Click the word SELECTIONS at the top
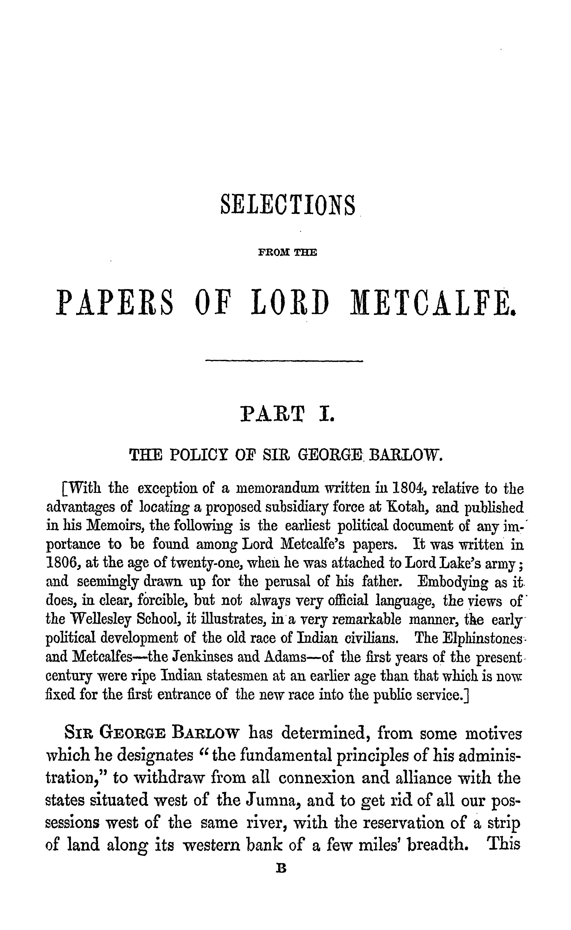point(287,205)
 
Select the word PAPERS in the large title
point(115,303)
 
